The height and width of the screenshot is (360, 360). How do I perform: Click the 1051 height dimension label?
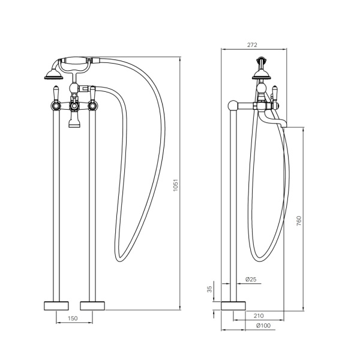pyautogui.click(x=176, y=185)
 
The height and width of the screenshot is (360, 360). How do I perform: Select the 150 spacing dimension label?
pyautogui.click(x=73, y=318)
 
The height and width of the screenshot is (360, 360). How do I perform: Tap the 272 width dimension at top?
pyautogui.click(x=252, y=45)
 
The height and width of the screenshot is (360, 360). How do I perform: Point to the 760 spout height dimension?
pyautogui.click(x=299, y=221)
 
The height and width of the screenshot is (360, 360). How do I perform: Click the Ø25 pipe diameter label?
pyautogui.click(x=251, y=280)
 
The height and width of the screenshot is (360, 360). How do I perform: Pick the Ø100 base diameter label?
pyautogui.click(x=263, y=325)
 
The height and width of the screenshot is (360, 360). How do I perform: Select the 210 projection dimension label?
pyautogui.click(x=259, y=316)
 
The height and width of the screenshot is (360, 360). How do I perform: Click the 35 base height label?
pyautogui.click(x=209, y=289)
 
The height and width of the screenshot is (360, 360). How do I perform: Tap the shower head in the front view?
pyautogui.click(x=54, y=75)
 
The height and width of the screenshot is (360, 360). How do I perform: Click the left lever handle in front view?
pyautogui.click(x=56, y=94)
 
